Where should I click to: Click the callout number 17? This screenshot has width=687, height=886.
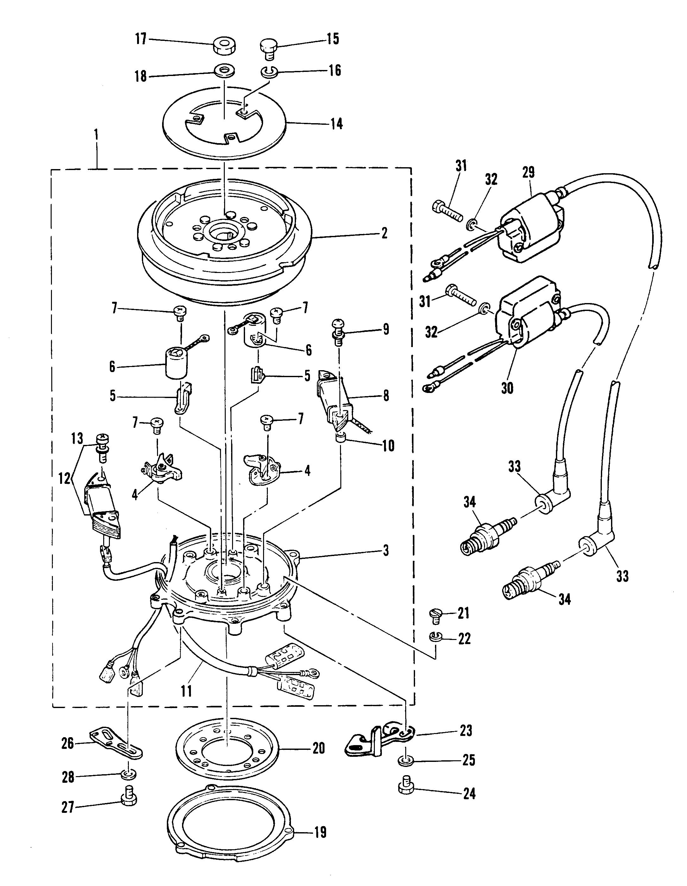click(140, 41)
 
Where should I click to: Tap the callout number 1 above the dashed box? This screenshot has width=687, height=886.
click(97, 135)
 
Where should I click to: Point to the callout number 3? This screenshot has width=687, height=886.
click(385, 551)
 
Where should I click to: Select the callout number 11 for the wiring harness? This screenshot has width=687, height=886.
click(186, 690)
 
